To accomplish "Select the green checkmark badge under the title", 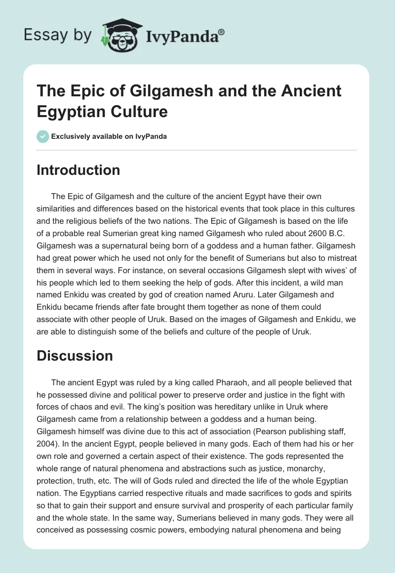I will (42, 136).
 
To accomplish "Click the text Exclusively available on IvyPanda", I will (109, 136).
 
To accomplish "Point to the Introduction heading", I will (78, 170).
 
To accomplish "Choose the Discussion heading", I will (75, 356).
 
